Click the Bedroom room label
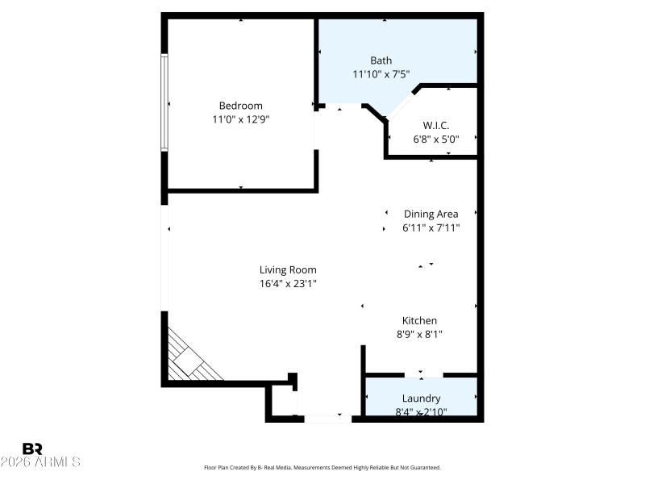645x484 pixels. [240, 106]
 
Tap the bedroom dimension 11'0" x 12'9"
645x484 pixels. [240, 119]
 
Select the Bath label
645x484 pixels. [381, 60]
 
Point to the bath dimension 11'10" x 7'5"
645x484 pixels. [381, 74]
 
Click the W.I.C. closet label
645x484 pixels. [435, 125]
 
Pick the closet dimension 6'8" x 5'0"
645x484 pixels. [435, 139]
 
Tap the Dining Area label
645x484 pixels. [431, 214]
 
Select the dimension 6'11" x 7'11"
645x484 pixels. [431, 227]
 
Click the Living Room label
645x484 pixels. [288, 269]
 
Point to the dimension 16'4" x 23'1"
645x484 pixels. [288, 283]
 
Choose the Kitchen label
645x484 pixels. [419, 320]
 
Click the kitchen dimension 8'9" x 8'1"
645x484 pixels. [419, 334]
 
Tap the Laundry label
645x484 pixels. [421, 398]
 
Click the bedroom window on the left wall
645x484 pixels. [164, 102]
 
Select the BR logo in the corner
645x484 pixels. [32, 449]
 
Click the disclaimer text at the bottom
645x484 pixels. [322, 467]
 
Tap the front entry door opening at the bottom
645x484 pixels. [327, 419]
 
